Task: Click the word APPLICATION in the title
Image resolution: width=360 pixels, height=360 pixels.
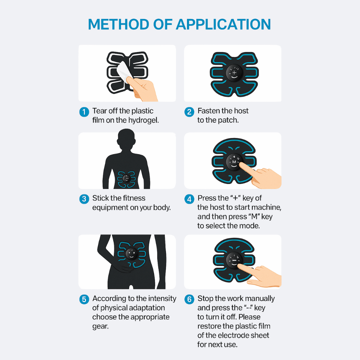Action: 224,25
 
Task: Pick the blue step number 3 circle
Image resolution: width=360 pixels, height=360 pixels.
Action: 84,199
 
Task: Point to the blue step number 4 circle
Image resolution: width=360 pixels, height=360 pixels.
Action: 189,199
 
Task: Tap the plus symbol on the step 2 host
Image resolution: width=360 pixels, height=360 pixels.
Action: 234,72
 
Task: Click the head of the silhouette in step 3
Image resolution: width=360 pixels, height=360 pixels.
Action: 127,142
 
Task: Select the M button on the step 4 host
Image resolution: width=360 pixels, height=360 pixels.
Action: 234,162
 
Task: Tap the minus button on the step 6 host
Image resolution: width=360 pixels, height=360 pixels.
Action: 234,260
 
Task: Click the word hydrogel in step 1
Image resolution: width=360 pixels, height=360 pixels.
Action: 144,120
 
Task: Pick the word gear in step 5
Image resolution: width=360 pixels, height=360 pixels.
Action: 100,326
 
